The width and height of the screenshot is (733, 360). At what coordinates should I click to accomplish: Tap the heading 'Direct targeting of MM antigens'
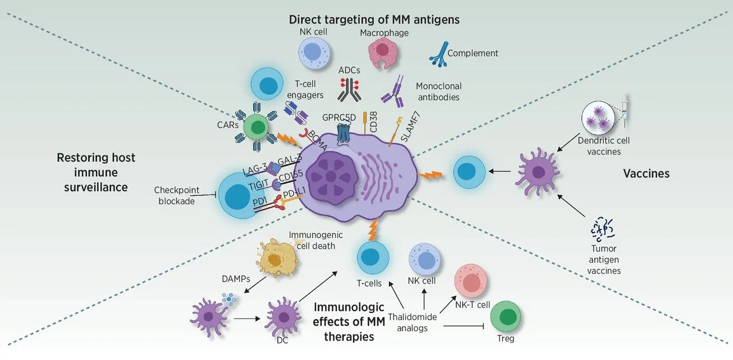pos(375,19)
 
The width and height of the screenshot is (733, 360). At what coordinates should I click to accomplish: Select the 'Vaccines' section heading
pos(646,173)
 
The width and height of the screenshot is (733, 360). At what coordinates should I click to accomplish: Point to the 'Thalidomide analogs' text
pos(412,322)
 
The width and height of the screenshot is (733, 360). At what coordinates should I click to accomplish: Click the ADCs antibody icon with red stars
pos(349,89)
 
